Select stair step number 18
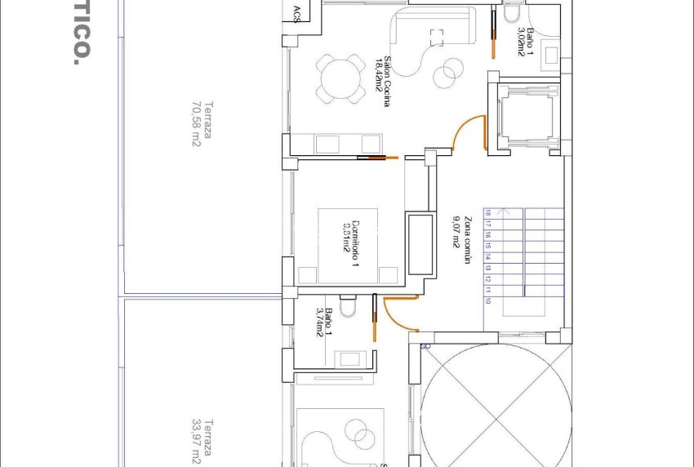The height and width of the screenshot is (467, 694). point(487,214)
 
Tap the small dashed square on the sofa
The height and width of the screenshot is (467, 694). point(437,36)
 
